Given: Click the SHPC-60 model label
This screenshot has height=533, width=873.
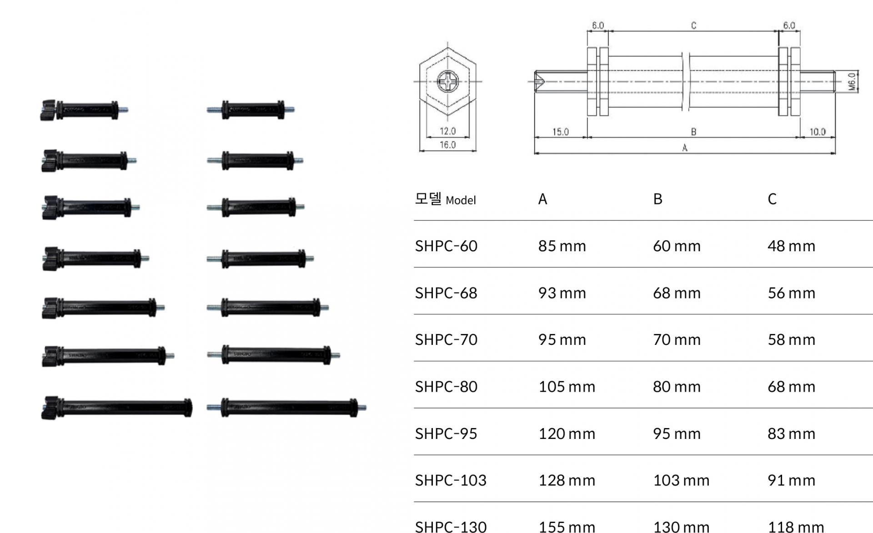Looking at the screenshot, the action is point(446,246).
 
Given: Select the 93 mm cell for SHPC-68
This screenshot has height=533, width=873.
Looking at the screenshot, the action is point(562,293).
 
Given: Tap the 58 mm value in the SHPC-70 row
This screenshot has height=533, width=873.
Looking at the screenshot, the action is point(791,340).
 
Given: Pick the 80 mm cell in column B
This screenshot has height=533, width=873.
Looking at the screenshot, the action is point(677,387).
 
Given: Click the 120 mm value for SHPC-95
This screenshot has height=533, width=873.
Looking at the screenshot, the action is point(567,433).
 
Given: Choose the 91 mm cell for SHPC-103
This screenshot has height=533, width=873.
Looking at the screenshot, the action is point(791,480).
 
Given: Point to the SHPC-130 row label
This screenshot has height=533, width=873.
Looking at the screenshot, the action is point(451,527).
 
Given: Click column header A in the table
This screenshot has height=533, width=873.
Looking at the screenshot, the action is point(542,199).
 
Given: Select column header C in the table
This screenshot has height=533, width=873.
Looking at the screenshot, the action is point(772,199).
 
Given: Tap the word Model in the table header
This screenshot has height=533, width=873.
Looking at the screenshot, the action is point(461,200).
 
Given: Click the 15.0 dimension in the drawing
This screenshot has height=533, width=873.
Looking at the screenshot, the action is point(560,132).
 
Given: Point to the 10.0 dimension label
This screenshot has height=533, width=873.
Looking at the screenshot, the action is point(817,132).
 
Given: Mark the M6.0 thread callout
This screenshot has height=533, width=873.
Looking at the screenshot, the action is point(852,82).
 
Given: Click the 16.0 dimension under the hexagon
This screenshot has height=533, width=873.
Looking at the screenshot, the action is point(447,145).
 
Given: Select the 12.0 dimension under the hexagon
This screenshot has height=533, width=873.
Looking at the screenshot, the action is point(447,131).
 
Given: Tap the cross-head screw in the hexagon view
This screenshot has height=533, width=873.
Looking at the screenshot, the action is point(448,82).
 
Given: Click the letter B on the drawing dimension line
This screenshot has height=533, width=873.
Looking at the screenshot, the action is point(693,132).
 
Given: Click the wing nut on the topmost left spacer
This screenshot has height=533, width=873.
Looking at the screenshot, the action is point(48,110).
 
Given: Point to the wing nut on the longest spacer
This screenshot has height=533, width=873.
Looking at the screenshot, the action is point(50,407).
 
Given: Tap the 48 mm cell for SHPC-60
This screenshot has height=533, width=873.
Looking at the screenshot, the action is point(791,246).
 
